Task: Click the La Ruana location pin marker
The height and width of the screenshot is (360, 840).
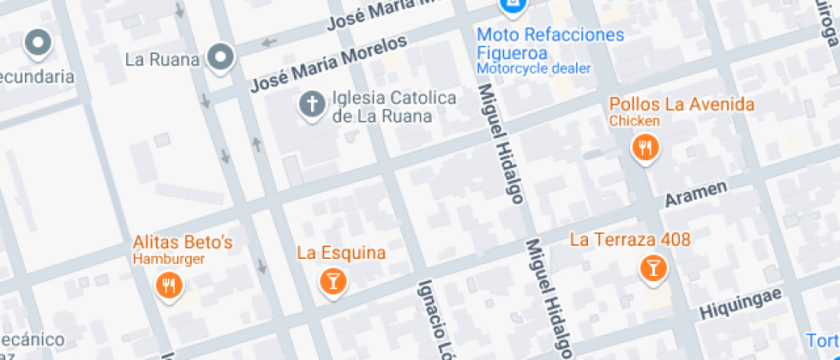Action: (x=222, y=57)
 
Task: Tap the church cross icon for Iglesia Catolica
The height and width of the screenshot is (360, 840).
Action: (x=311, y=106)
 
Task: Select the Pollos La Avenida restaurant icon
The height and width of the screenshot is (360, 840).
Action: (x=645, y=148)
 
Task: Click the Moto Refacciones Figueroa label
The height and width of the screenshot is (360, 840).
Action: (x=550, y=43)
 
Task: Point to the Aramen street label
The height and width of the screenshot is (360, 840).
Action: (x=697, y=194)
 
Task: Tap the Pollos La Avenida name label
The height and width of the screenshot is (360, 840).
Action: (x=681, y=105)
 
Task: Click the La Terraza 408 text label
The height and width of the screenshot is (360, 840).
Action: (x=630, y=239)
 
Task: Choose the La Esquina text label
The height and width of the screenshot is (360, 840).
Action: (x=341, y=253)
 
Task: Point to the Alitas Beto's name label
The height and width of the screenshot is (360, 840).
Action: (x=183, y=243)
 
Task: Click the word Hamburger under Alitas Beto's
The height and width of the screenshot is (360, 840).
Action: (x=169, y=259)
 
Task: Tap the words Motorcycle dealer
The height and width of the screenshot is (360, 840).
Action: (x=534, y=68)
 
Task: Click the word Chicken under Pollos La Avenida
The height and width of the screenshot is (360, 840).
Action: (x=634, y=121)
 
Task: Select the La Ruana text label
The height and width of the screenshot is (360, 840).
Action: (x=162, y=60)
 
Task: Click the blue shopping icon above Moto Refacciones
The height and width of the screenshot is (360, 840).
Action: (x=512, y=7)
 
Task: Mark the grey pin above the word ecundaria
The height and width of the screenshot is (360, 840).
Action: (x=38, y=42)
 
